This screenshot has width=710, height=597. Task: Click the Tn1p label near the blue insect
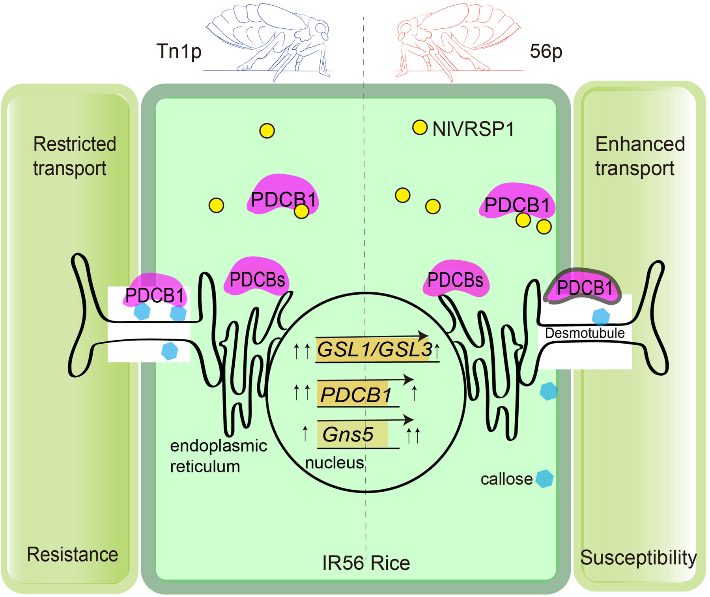click(179, 51)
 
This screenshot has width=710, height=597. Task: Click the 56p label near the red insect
click(546, 51)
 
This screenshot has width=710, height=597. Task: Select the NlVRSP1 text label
click(473, 129)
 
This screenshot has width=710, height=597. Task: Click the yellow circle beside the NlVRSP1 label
click(420, 127)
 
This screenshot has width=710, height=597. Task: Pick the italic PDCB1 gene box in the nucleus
click(355, 395)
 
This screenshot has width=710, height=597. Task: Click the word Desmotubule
click(585, 333)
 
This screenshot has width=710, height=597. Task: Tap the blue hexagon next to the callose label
click(544, 479)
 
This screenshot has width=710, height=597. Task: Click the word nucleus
click(334, 463)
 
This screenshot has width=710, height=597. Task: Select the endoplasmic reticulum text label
click(218, 456)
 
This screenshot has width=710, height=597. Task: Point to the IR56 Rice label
click(366, 563)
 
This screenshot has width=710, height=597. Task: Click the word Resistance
click(72, 554)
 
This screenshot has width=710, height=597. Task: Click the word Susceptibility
click(638, 558)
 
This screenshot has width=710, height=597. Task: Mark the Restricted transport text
click(74, 156)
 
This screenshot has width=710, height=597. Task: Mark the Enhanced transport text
click(639, 156)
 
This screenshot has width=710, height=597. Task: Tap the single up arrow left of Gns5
click(305, 433)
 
